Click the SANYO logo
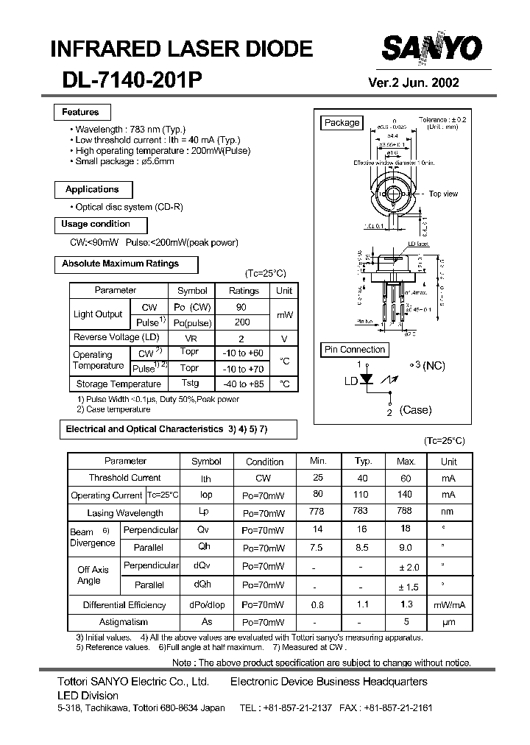(431, 49)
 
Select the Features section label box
(81, 112)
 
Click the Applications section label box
(91, 189)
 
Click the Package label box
(342, 123)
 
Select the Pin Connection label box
(354, 350)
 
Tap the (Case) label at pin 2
(415, 410)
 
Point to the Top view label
(443, 194)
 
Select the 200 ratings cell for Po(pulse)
(242, 322)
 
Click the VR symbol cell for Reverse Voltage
(191, 338)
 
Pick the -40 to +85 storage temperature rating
(242, 384)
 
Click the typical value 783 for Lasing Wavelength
(361, 512)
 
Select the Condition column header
(264, 462)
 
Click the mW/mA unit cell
(449, 605)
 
